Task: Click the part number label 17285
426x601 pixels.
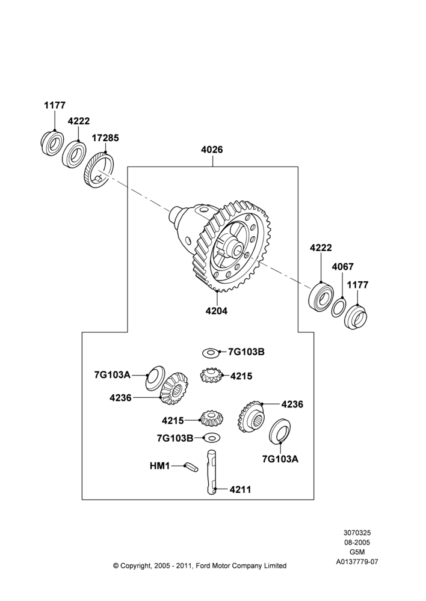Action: [x=105, y=138]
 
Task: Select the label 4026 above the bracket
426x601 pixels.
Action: [x=212, y=150]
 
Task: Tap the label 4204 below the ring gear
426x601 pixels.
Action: [x=217, y=311]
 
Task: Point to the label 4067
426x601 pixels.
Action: [x=343, y=267]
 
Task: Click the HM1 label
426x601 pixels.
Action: [x=159, y=466]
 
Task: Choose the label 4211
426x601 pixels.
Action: [x=240, y=489]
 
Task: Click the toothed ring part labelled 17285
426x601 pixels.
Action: [x=99, y=170]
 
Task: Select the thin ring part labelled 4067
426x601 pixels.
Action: [x=339, y=307]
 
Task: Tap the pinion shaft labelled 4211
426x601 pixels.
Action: [x=212, y=472]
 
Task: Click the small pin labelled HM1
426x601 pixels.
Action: [x=191, y=467]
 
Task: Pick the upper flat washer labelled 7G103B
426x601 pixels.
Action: [x=211, y=352]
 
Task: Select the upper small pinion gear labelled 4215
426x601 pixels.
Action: [x=209, y=375]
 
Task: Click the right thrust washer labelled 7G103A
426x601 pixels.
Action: [x=280, y=432]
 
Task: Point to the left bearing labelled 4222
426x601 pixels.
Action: [x=75, y=154]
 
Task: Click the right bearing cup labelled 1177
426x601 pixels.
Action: [x=356, y=317]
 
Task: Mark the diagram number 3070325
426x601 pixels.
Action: [x=357, y=532]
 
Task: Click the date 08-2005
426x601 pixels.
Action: [x=357, y=542]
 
